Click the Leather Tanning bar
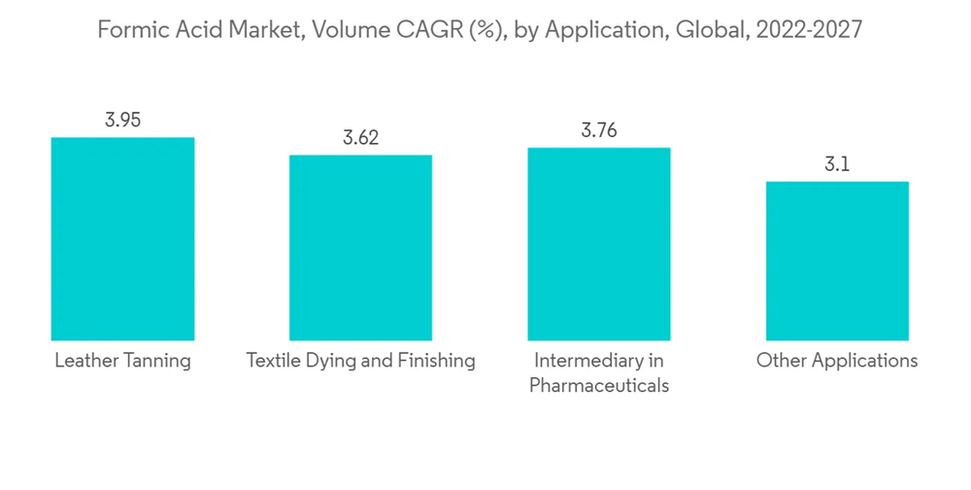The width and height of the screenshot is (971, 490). (122, 238)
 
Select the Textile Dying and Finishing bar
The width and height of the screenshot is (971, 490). (360, 247)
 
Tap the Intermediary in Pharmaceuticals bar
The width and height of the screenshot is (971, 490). (598, 243)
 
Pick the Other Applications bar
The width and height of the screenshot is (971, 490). (837, 261)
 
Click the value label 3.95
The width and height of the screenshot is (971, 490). (123, 121)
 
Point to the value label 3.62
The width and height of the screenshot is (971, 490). (360, 138)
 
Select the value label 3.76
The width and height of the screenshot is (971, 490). (599, 130)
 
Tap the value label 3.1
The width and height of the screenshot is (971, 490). (837, 164)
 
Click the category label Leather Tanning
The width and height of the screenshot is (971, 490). (122, 361)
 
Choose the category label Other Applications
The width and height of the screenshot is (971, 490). (837, 361)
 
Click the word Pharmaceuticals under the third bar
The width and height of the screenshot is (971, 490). (599, 386)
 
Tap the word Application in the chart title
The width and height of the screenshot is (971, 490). (601, 30)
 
